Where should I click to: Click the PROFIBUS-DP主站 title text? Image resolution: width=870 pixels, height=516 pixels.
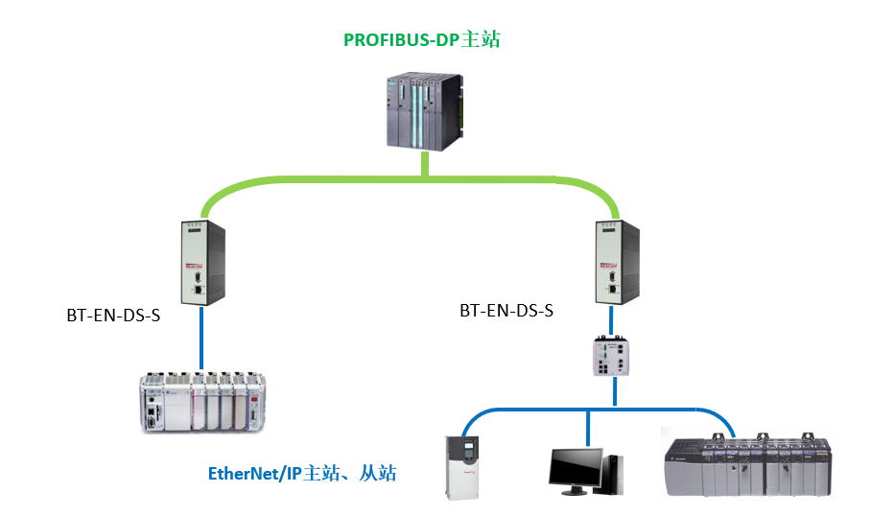pos(422,40)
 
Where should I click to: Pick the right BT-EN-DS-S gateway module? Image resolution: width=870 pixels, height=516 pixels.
pos(613,260)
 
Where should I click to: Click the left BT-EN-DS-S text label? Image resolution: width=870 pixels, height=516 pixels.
pos(113,316)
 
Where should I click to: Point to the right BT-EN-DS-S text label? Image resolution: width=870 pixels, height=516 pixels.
pos(506,311)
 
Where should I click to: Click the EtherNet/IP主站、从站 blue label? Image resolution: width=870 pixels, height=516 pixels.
pos(302,473)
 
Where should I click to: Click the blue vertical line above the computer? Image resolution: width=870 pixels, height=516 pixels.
pos(588,429)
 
